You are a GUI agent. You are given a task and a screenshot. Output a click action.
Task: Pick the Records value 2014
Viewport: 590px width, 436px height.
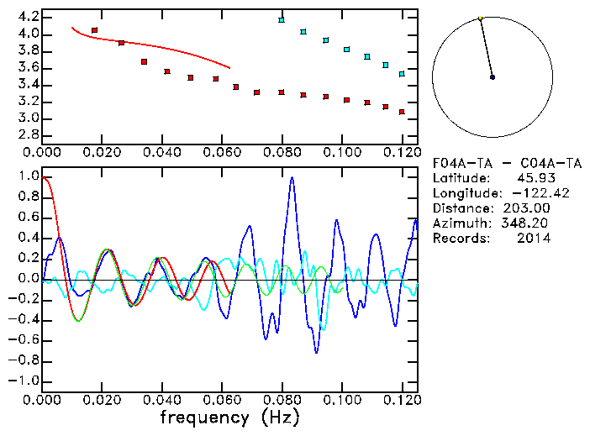pos(534,239)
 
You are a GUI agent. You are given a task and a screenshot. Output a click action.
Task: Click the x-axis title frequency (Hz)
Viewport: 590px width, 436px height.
pos(229,418)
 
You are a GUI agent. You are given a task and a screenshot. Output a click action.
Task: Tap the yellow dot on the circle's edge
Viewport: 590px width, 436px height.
pos(480,18)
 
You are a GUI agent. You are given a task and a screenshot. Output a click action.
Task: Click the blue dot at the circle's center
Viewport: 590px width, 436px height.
pos(493,77)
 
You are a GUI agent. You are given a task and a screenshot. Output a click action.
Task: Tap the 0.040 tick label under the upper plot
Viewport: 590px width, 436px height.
pos(162,153)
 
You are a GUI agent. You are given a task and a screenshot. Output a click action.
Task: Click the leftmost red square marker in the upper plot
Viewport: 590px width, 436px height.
pos(94,30)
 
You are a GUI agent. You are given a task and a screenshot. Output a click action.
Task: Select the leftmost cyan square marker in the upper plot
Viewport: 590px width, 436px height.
pos(282,20)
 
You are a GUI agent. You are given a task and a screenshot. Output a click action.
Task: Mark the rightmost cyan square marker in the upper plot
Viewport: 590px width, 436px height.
pos(402,74)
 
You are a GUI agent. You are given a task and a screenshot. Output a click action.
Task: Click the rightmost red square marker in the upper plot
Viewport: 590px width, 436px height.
pos(402,112)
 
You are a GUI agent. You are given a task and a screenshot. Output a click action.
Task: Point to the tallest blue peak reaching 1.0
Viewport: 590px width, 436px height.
pos(292,177)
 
